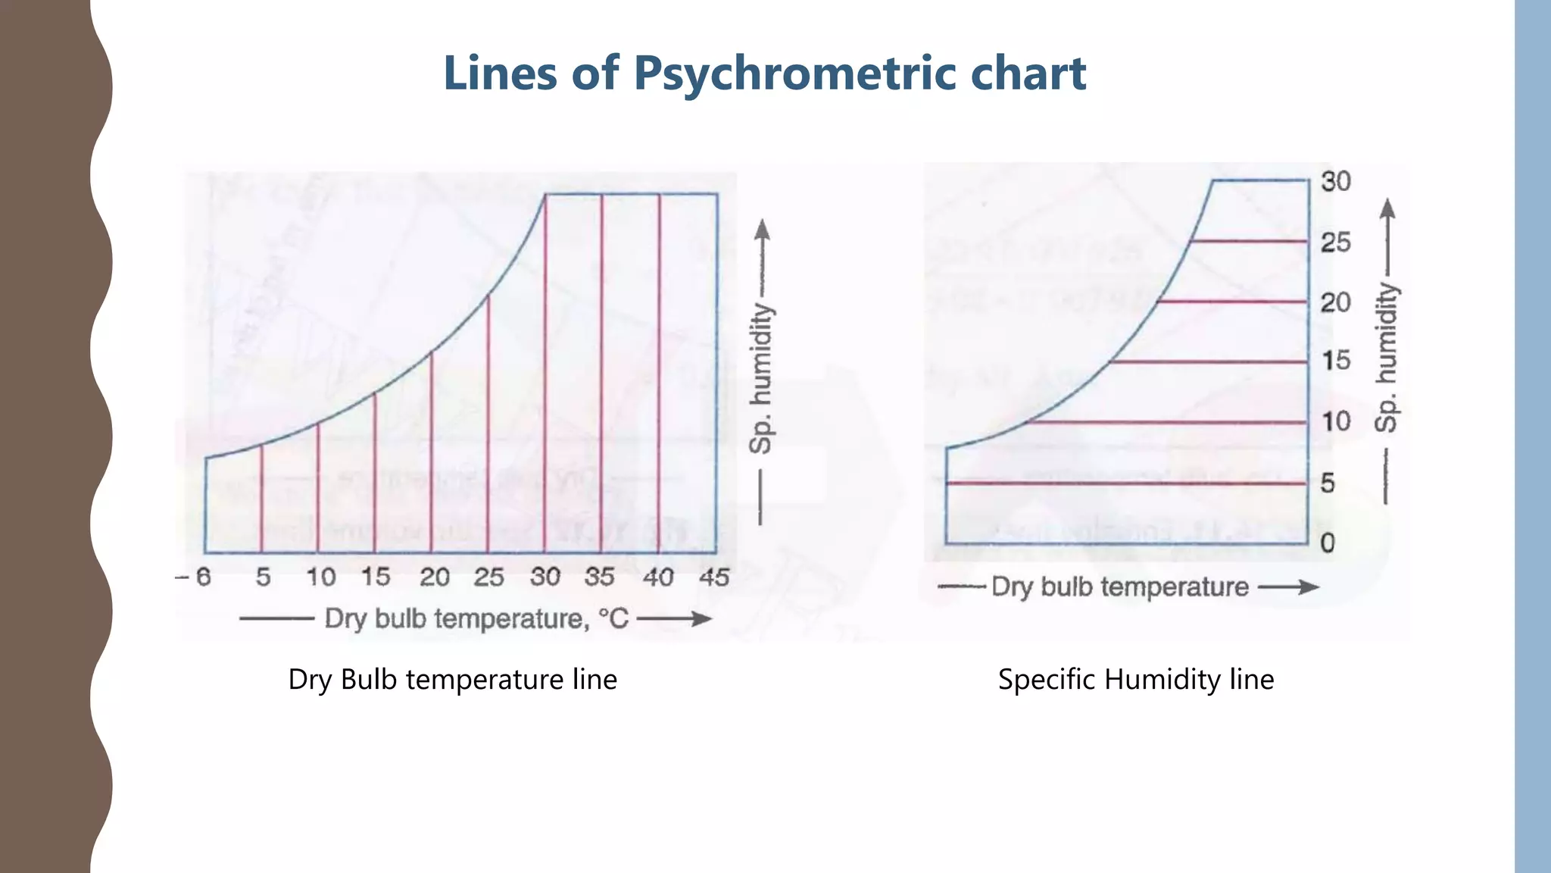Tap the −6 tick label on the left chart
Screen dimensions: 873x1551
[194, 577]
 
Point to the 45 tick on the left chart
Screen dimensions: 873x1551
[714, 577]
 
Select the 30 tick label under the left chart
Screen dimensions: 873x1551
[545, 577]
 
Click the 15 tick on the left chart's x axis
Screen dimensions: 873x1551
[375, 577]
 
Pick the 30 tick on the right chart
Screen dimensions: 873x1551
[1336, 182]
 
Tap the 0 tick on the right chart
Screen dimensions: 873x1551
[1328, 543]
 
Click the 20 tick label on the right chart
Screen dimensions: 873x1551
[1336, 302]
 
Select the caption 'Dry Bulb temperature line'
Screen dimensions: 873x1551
[452, 679]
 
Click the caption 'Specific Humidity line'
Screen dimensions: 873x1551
[1135, 679]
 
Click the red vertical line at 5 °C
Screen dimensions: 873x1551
[261, 500]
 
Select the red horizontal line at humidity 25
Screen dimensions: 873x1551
[1250, 241]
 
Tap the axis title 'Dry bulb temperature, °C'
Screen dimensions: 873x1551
[476, 619]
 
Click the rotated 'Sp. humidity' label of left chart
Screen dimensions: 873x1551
[761, 378]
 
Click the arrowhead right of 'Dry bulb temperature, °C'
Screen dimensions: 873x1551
[701, 619]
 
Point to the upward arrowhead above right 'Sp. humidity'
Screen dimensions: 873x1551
[1387, 207]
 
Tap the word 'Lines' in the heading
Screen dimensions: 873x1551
[501, 74]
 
